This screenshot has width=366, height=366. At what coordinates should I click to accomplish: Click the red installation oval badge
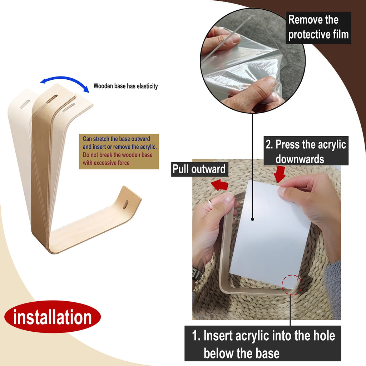pyautogui.click(x=52, y=317)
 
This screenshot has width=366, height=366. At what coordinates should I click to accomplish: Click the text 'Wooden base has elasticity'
pyautogui.click(x=125, y=86)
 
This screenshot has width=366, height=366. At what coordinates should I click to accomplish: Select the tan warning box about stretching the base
pyautogui.click(x=119, y=151)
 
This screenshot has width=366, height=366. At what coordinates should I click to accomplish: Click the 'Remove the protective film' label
pyautogui.click(x=318, y=28)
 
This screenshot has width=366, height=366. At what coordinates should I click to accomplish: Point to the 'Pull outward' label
pyautogui.click(x=199, y=169)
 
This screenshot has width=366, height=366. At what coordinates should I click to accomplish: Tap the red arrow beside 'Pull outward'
pyautogui.click(x=220, y=184)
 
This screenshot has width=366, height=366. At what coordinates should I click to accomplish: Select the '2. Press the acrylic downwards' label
pyautogui.click(x=306, y=151)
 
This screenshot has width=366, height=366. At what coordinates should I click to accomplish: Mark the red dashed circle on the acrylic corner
pyautogui.click(x=292, y=285)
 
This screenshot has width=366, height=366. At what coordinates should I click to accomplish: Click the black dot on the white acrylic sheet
pyautogui.click(x=253, y=219)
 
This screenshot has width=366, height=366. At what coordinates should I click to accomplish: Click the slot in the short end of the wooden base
pyautogui.click(x=125, y=205)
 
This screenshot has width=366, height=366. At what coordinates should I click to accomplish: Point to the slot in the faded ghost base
pyautogui.click(x=25, y=105)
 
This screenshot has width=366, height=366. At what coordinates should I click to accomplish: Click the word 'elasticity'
pyautogui.click(x=147, y=86)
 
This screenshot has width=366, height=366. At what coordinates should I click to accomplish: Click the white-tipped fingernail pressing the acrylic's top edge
pyautogui.click(x=282, y=192)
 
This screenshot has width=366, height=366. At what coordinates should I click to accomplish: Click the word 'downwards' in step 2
pyautogui.click(x=300, y=159)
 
